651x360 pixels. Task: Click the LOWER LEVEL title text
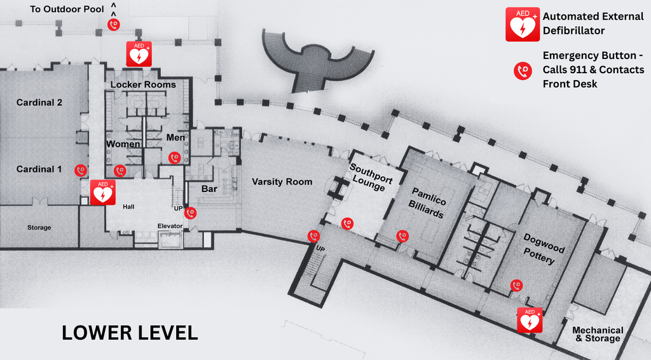pyautogui.click(x=130, y=332)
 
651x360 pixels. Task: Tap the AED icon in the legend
pyautogui.click(x=522, y=25)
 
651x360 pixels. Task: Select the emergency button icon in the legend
pyautogui.click(x=523, y=71)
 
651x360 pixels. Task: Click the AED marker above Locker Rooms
pyautogui.click(x=139, y=54)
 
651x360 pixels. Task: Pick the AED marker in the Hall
pyautogui.click(x=102, y=192)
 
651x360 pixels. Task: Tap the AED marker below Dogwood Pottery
pyautogui.click(x=530, y=320)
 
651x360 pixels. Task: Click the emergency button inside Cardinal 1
pyautogui.click(x=81, y=170)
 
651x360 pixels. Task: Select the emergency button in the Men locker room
pyautogui.click(x=174, y=157)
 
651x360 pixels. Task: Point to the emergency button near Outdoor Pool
pyautogui.click(x=113, y=25)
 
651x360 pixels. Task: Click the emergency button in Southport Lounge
pyautogui.click(x=346, y=223)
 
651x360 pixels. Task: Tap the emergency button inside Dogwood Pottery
pyautogui.click(x=516, y=286)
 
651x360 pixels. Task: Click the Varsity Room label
pyautogui.click(x=282, y=182)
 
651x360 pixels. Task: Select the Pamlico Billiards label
pyautogui.click(x=428, y=203)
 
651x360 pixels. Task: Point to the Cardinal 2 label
pyautogui.click(x=39, y=102)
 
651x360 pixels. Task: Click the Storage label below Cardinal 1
pyautogui.click(x=39, y=228)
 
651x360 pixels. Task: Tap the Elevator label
pyautogui.click(x=170, y=226)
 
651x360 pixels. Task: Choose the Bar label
pyautogui.click(x=209, y=189)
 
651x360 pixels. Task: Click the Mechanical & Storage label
pyautogui.click(x=597, y=334)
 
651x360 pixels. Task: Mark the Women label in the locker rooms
pyautogui.click(x=123, y=144)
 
